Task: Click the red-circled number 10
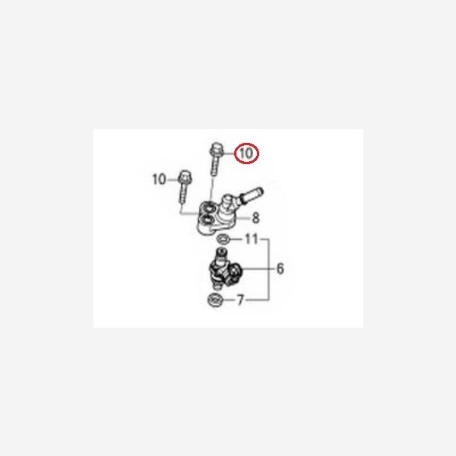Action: point(246,154)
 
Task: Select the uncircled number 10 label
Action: point(159,179)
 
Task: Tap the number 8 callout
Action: point(255,218)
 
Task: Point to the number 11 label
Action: point(252,239)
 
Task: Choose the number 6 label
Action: point(280,269)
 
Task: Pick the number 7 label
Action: point(240,300)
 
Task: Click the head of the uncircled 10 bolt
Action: point(183,176)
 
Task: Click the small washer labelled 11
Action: point(223,239)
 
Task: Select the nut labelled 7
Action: point(215,300)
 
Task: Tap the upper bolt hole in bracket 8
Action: point(208,208)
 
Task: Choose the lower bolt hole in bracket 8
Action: point(207,220)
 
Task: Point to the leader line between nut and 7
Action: point(230,300)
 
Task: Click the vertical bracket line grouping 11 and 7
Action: point(269,269)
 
